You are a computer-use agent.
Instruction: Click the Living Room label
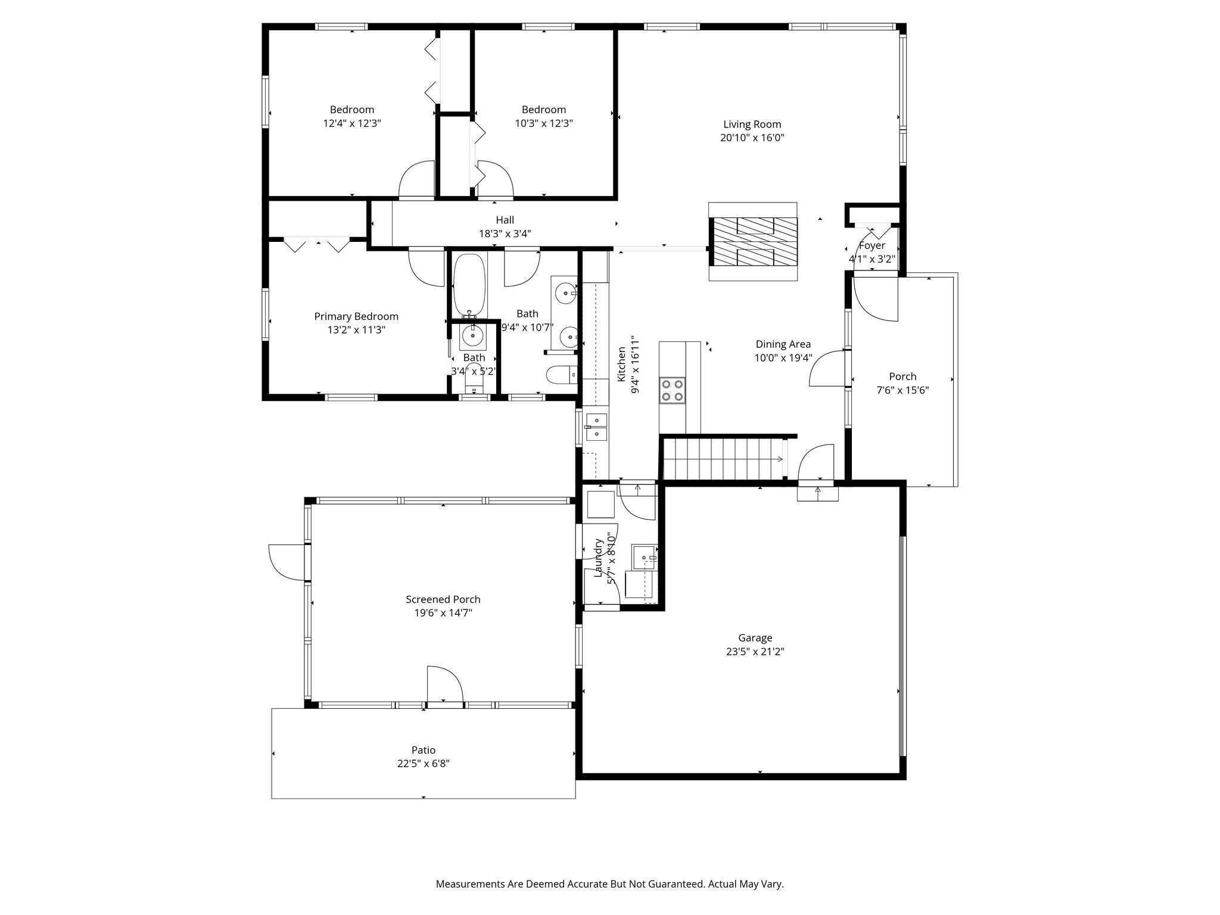tap(752, 124)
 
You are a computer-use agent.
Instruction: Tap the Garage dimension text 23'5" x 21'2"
tap(755, 651)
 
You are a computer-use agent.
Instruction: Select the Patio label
tap(423, 750)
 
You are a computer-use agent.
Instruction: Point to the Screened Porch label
tap(443, 599)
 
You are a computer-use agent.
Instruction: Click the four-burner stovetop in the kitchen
tap(672, 391)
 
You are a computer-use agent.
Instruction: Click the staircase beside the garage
tap(723, 458)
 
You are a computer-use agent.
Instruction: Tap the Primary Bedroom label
tap(356, 316)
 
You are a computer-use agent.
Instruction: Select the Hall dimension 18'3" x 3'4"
tap(505, 234)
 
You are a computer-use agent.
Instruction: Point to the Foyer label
tap(872, 245)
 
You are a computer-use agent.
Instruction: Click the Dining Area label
tap(783, 344)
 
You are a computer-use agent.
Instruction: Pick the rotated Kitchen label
tap(621, 364)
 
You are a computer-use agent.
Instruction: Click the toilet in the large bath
tap(562, 375)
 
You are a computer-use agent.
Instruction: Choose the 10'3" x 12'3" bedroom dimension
tap(544, 123)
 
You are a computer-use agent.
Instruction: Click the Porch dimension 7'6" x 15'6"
tap(902, 390)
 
